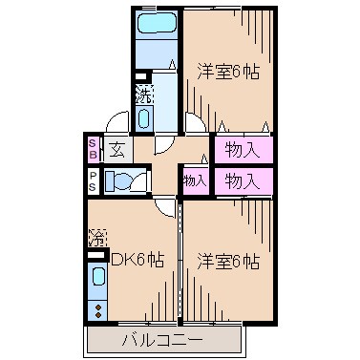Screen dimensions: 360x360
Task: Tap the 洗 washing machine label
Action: tap(143, 95)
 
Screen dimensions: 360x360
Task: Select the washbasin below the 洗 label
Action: tap(143, 119)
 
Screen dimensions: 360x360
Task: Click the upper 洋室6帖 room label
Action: tap(229, 71)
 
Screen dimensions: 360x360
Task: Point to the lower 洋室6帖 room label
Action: tap(229, 261)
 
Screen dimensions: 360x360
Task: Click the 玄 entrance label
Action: tap(116, 149)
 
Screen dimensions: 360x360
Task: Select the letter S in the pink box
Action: tap(93, 143)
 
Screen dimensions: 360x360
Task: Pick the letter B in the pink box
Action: tap(93, 155)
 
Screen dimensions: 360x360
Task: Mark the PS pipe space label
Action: tap(93, 180)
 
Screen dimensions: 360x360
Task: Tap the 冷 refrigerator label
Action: tap(96, 235)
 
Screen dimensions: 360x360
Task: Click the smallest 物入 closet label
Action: tap(195, 180)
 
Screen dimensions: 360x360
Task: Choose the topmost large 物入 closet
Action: tap(243, 149)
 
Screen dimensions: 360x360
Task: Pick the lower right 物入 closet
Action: tap(243, 180)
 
